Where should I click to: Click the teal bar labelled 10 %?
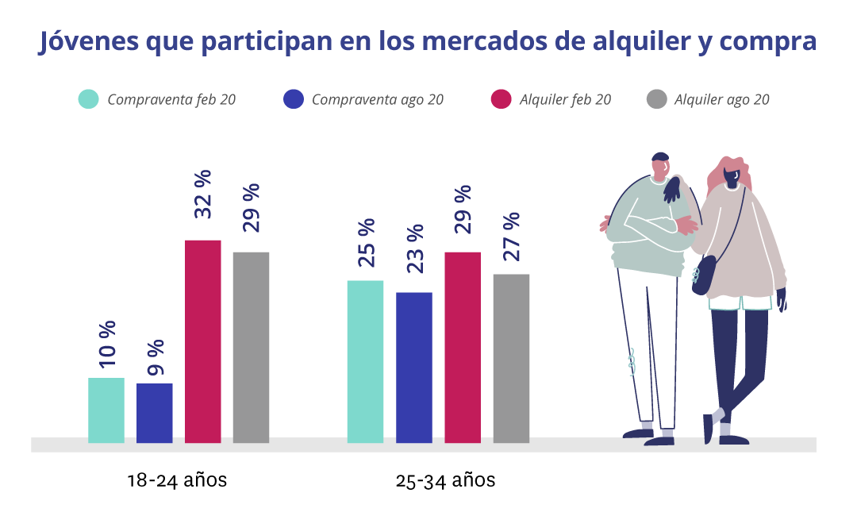106,410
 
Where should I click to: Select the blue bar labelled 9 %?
154,413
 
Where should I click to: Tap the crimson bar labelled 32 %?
202,341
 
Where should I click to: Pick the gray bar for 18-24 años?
251,347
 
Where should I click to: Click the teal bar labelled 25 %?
365,361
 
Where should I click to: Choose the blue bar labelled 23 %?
413,368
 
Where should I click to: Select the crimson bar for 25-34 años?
462,347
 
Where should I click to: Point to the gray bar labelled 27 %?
511,358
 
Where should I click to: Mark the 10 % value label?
106,344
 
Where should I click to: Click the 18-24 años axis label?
177,480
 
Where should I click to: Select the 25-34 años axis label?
445,480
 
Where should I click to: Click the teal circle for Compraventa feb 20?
88,99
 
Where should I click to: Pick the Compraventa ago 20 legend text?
377,100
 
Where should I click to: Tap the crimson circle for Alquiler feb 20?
501,99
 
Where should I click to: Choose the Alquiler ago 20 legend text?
721,100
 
